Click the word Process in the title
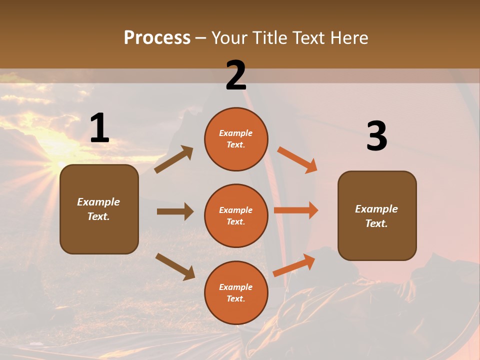point(157,38)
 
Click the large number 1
point(99,128)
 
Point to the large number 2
point(236,75)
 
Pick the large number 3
point(376,136)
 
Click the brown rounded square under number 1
point(99,209)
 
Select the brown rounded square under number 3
point(377,216)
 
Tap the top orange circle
point(236,139)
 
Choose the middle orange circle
point(236,216)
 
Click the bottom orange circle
point(236,293)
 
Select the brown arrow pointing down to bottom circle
point(175,266)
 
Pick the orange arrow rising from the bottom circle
point(294,264)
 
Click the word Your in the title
point(229,38)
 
